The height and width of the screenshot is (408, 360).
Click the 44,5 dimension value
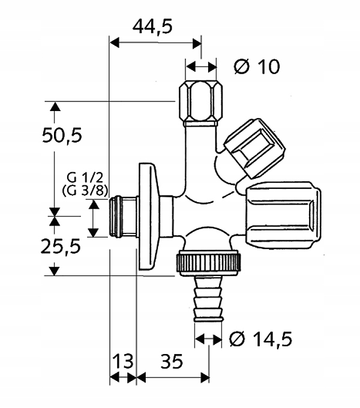[x=153, y=26]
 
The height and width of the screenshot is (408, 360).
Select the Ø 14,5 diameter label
[x=260, y=339]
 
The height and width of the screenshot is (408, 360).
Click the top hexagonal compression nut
[x=200, y=100]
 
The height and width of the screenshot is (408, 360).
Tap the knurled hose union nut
[x=209, y=262]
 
